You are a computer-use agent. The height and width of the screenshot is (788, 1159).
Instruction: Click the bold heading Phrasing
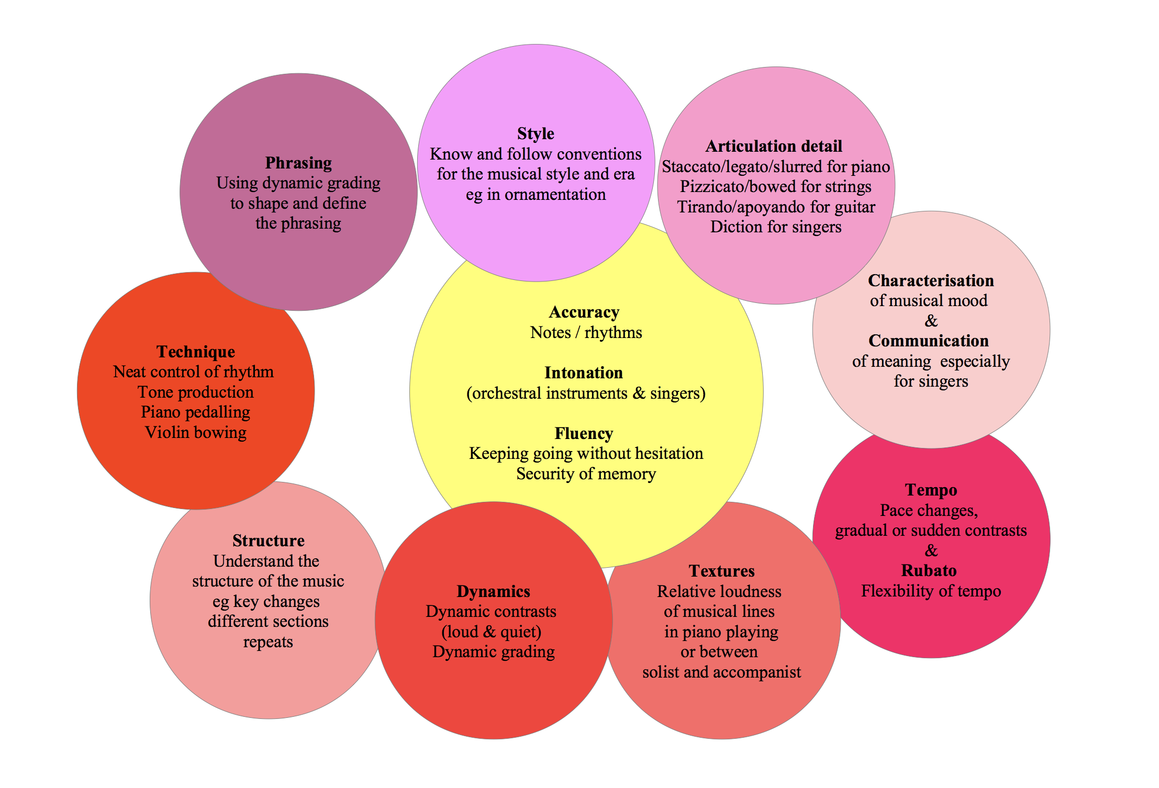pos(298,163)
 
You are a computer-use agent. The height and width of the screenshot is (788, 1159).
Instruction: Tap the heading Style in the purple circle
pos(536,133)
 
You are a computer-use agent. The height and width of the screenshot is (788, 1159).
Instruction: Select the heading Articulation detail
pos(774,146)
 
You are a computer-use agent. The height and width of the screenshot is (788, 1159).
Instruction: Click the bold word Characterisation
pos(931,280)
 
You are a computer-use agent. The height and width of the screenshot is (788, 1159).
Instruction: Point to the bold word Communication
pos(929,341)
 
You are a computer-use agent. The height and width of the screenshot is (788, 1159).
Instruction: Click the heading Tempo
pos(931,490)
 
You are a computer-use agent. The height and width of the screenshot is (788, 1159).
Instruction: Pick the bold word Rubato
pos(929,570)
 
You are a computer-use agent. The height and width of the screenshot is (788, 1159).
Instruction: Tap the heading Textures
pos(721,571)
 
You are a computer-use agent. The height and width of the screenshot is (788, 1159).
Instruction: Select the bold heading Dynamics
pos(493,591)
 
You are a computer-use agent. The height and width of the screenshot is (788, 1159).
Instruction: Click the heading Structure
pos(269,541)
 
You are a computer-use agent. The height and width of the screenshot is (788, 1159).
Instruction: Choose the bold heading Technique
pos(196,352)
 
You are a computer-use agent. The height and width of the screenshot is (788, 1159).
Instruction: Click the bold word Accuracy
pos(584,312)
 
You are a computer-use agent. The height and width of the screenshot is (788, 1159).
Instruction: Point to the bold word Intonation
pos(584,373)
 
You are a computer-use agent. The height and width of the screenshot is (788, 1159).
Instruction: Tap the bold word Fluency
pos(584,433)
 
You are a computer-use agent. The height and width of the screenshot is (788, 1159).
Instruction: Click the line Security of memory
pos(586,474)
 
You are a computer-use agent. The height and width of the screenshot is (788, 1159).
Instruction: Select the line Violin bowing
pos(196,432)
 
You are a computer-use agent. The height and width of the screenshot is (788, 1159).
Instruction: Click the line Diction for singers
pos(776,227)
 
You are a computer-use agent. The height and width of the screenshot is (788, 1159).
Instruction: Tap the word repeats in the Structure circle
pos(268,641)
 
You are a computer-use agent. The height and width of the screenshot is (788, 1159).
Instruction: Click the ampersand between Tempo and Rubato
pos(931,550)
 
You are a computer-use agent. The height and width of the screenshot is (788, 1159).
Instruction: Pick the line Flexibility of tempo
pos(931,591)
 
